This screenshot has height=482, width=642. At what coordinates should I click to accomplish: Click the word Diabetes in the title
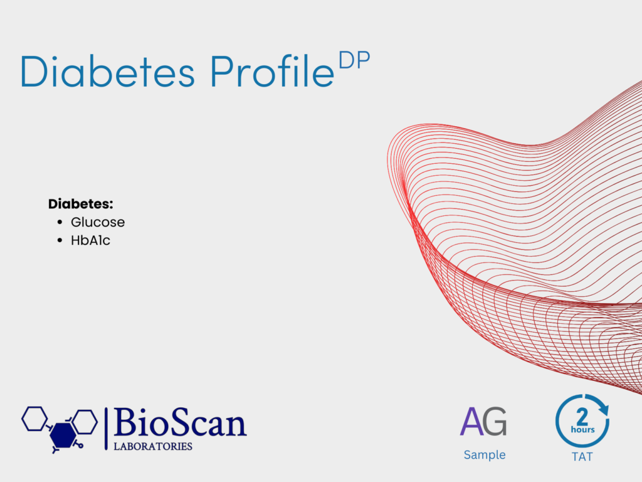coord(107,71)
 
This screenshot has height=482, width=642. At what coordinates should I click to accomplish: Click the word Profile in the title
coord(272,71)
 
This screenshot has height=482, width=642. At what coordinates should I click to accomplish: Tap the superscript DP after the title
coord(355,60)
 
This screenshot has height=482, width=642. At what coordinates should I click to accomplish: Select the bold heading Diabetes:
coord(81,204)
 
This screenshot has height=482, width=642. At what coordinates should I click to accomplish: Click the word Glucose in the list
coord(98,222)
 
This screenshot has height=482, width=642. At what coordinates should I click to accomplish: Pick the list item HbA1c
coord(90,240)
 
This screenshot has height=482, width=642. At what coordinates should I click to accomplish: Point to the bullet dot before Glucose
coord(60,222)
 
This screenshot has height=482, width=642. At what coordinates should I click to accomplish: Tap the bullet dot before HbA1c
coord(60,240)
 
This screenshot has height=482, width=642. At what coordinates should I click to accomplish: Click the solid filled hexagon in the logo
coord(63,436)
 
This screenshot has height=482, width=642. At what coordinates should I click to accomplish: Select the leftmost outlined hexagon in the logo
coord(34,419)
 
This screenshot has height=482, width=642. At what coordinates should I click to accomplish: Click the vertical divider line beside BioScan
coord(106,429)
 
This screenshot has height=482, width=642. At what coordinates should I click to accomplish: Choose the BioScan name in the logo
coord(180,422)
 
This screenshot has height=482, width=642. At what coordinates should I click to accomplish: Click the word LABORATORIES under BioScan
coord(153,446)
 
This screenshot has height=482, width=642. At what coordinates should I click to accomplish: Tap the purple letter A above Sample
coord(471,421)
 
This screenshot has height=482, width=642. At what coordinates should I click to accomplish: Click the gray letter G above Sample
coord(495,421)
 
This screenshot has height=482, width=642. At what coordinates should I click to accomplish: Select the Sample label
coord(485,455)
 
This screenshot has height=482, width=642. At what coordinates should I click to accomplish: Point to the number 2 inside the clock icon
coord(582,417)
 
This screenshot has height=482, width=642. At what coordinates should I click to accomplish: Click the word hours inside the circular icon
coord(582,429)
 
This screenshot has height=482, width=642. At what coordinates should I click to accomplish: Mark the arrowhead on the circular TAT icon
coord(603,409)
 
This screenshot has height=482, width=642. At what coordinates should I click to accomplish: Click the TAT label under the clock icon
coord(582,457)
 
